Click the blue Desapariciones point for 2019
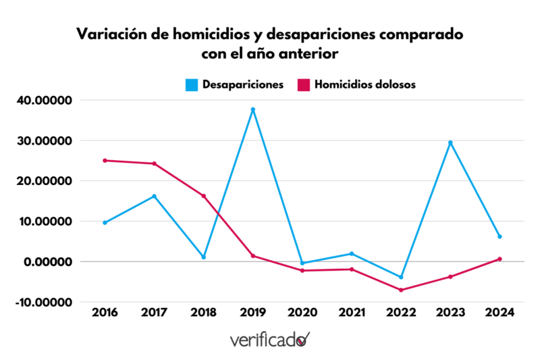(253, 109)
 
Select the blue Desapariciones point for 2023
(450, 143)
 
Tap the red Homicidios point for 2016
(105, 161)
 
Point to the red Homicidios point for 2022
(401, 290)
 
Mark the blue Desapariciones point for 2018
(204, 257)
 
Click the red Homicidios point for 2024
(500, 259)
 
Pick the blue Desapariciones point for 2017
(155, 197)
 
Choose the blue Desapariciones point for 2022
(401, 277)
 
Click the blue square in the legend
(192, 84)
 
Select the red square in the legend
(304, 84)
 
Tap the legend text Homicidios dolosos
(365, 84)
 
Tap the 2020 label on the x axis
(302, 313)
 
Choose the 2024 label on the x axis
(500, 313)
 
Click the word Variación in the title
(107, 34)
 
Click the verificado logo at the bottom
(269, 339)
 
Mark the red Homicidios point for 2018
(204, 196)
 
